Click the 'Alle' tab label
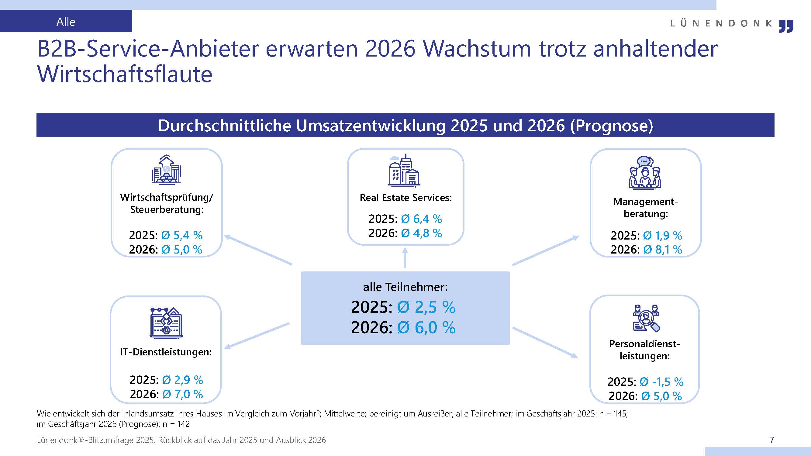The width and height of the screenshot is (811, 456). [x=66, y=22]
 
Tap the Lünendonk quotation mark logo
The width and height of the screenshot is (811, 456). [x=786, y=26]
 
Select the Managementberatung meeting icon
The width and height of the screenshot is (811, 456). [x=645, y=173]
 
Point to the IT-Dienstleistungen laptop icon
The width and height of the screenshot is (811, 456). [x=166, y=323]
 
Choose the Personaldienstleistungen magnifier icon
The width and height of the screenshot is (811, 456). [x=646, y=318]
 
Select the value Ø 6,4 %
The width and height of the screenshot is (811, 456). [x=421, y=219]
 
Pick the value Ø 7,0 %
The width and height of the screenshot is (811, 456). [x=183, y=394]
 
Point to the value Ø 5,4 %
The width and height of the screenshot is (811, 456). [x=182, y=235]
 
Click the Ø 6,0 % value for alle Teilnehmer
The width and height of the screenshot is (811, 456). [x=426, y=327]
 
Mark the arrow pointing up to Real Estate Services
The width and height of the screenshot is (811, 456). [x=405, y=257]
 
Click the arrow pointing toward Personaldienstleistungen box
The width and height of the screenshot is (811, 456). [x=545, y=343]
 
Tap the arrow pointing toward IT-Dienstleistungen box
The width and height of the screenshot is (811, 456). [x=257, y=336]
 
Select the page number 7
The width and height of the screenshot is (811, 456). [x=772, y=440]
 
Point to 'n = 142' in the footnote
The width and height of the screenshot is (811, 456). [x=176, y=424]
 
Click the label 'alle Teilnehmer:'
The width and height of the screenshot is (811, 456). [x=405, y=287]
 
